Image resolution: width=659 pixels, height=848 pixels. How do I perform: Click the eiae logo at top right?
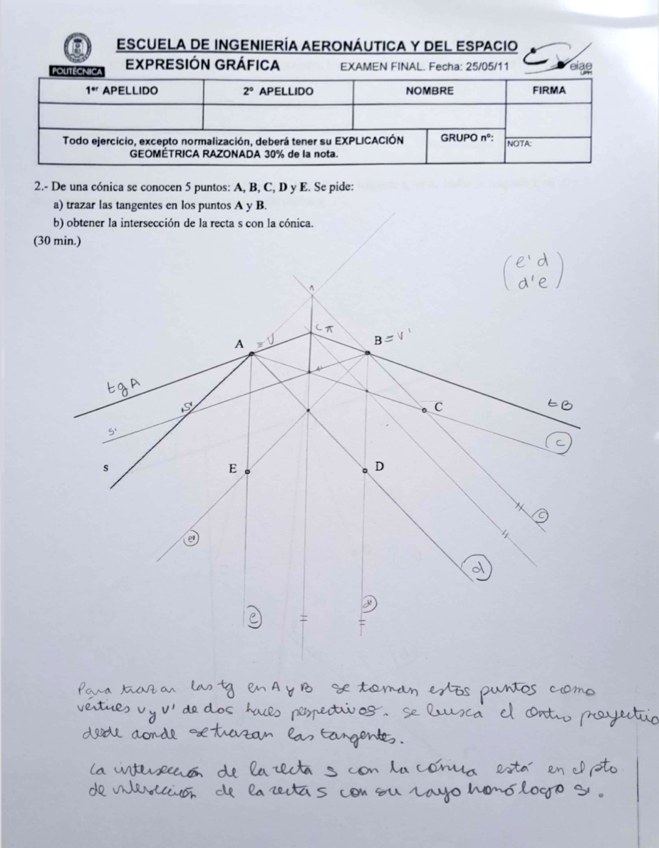point(559,59)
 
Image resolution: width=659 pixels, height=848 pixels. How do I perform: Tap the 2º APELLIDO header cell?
point(277,91)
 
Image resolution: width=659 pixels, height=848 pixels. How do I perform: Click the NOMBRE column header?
point(429,91)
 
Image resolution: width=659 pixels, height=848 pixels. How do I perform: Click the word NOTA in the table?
point(519,143)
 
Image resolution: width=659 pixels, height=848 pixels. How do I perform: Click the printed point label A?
point(239,343)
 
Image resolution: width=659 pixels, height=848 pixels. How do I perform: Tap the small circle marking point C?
point(425,411)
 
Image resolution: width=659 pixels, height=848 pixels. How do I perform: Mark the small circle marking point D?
point(365,471)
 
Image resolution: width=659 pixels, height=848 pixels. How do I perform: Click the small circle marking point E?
point(247,472)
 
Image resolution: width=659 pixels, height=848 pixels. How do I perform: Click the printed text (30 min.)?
point(57,241)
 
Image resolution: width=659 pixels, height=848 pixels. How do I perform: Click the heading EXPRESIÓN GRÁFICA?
point(202,66)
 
